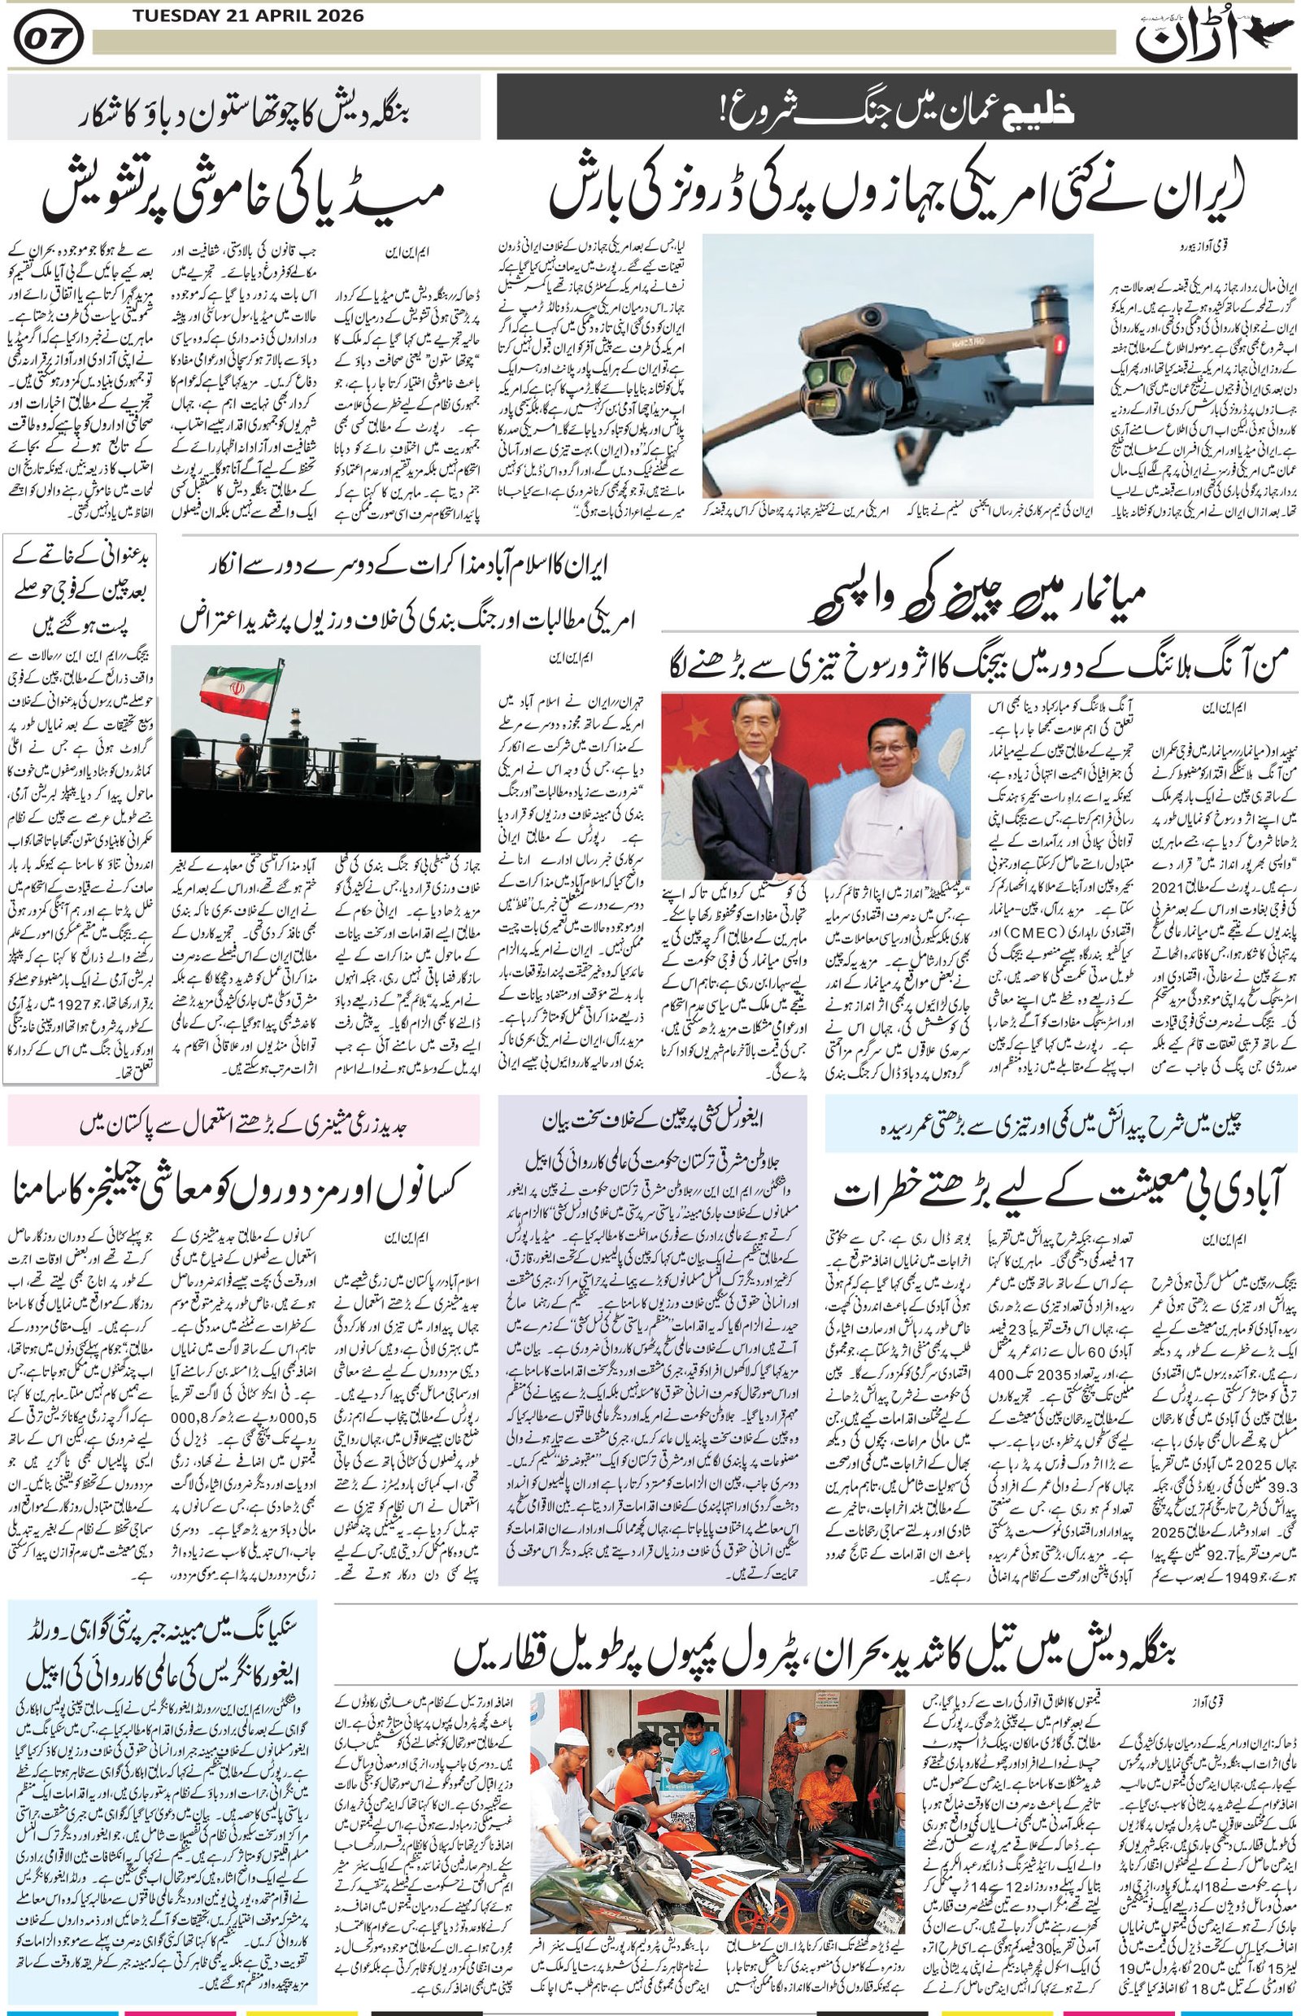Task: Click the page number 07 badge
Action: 48,39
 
